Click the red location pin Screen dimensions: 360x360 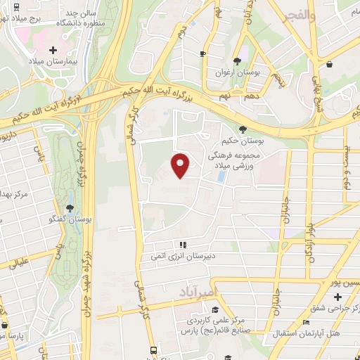coord(181,165)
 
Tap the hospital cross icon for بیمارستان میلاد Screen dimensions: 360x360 coord(54,50)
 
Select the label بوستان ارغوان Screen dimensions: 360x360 coord(238,73)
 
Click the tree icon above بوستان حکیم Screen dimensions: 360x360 coord(243,129)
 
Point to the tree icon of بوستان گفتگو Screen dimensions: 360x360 coord(70,208)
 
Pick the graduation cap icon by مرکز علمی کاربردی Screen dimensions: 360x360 coord(214,309)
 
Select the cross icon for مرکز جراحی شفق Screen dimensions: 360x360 coord(337,297)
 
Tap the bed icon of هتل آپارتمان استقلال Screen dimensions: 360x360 coord(304,323)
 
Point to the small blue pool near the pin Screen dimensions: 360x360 coord(222,176)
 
